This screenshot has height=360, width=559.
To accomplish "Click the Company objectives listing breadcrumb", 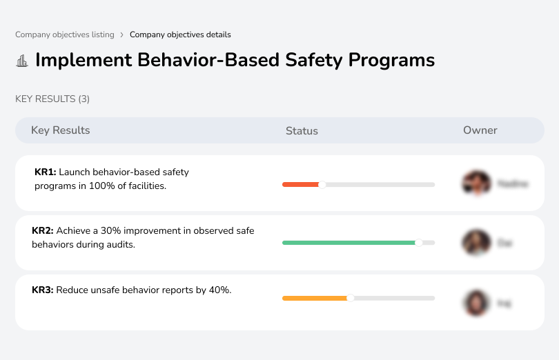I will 65,34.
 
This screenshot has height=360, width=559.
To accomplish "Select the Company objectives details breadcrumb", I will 180,34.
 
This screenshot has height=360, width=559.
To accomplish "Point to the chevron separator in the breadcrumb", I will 122,34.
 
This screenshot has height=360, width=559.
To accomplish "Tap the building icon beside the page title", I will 22,61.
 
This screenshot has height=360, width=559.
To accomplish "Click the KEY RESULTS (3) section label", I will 52,99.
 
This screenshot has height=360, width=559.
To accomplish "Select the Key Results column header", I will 61,130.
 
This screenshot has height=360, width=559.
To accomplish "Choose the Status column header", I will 302,130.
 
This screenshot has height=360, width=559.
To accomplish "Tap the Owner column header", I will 480,130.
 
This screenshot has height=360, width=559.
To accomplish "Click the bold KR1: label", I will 45,172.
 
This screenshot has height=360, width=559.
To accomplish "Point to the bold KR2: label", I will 43,231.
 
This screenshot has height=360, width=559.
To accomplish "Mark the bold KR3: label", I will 43,290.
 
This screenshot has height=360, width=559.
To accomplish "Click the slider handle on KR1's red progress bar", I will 322,184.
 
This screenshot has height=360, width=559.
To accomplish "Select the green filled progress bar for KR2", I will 349,243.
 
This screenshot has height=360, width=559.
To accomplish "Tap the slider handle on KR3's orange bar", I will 351,298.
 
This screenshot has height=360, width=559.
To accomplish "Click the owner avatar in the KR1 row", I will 476,183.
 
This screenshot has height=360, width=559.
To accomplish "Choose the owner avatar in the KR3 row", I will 476,302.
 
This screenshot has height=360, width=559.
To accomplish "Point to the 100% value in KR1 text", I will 102,186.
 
